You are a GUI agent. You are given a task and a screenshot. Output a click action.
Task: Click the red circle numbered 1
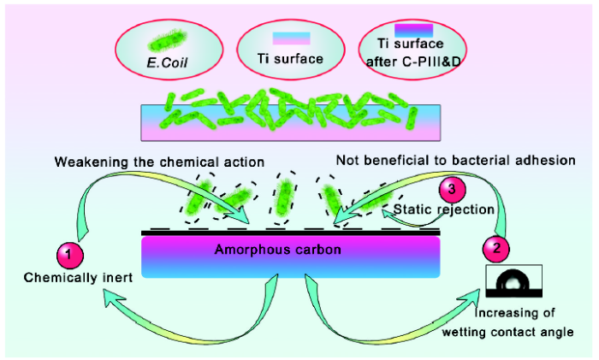[70, 254]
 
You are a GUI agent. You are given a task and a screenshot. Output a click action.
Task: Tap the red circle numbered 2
[495, 249]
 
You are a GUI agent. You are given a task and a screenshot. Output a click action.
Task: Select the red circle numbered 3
[453, 189]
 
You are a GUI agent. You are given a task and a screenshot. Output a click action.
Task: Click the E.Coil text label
[168, 62]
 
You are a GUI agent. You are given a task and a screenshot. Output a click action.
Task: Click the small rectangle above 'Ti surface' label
[291, 38]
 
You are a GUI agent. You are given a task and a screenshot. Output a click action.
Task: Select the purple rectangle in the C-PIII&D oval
[413, 30]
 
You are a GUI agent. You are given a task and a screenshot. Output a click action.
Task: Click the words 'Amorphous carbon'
[278, 250]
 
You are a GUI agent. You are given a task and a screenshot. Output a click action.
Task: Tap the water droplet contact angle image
[513, 280]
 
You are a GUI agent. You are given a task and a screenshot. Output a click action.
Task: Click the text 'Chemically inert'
[78, 278]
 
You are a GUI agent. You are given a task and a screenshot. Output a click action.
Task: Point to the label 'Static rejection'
[444, 210]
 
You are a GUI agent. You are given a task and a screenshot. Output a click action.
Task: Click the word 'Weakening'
[91, 162]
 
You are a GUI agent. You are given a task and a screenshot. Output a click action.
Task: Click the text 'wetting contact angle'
[507, 332]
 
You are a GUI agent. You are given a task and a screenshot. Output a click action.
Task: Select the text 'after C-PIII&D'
[413, 61]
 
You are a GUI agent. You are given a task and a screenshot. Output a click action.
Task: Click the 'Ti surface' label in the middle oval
[290, 59]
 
